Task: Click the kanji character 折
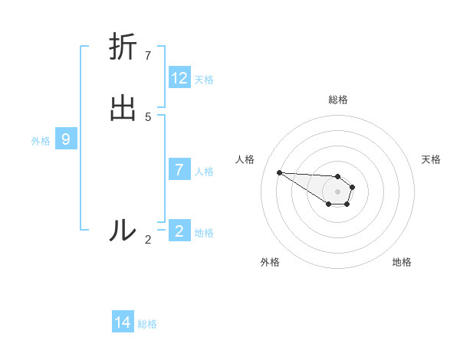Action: tap(123, 47)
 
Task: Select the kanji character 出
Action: tap(123, 109)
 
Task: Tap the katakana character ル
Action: tap(123, 230)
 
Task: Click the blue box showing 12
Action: tap(179, 78)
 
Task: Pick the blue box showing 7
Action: tap(179, 170)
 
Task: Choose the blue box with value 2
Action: tap(179, 231)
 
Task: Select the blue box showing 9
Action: tap(66, 139)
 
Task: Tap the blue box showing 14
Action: tap(123, 322)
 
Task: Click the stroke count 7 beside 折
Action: tap(148, 56)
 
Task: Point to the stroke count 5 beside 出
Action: tap(148, 117)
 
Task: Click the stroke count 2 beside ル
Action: tap(148, 240)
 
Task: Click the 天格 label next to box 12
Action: tap(204, 79)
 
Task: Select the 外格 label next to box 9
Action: tap(41, 141)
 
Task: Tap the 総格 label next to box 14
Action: tap(147, 324)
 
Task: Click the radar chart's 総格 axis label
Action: tap(338, 100)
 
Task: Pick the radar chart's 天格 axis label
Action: tap(431, 159)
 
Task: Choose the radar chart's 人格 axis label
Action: tap(245, 159)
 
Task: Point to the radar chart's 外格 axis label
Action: tap(270, 262)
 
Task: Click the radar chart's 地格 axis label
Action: tap(402, 262)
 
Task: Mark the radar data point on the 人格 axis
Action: tap(279, 172)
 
